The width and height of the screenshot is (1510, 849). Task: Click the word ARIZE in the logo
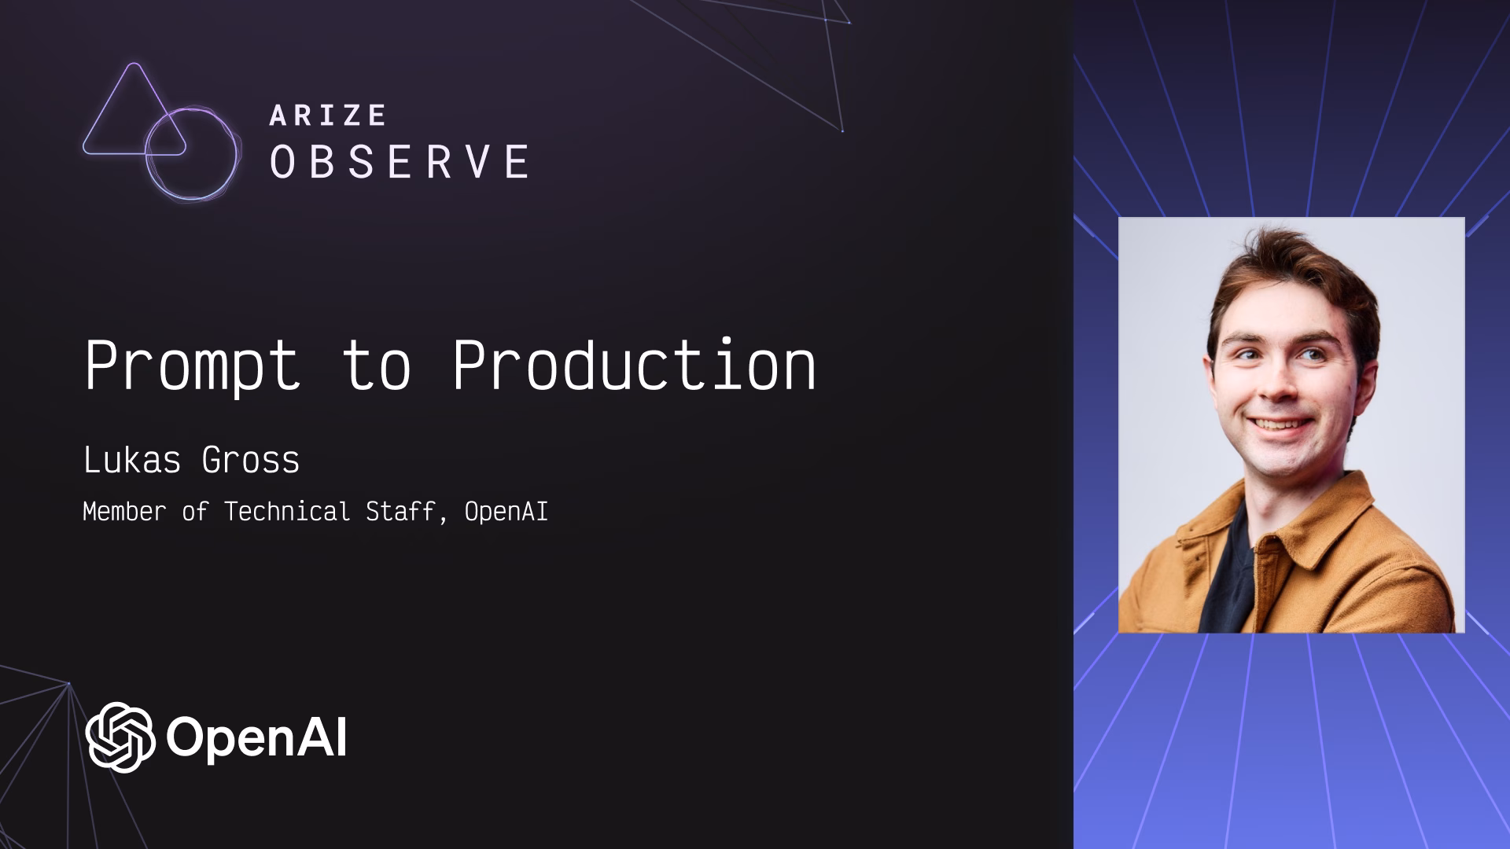tap(328, 116)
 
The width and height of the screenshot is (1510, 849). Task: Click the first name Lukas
tap(132, 460)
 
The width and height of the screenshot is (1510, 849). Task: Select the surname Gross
tap(251, 460)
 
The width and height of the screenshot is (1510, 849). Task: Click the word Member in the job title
tap(124, 512)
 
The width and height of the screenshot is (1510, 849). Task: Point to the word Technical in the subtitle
tap(287, 512)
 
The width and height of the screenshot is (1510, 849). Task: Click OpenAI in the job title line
tap(506, 512)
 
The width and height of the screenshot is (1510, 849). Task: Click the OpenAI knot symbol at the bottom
tap(120, 737)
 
